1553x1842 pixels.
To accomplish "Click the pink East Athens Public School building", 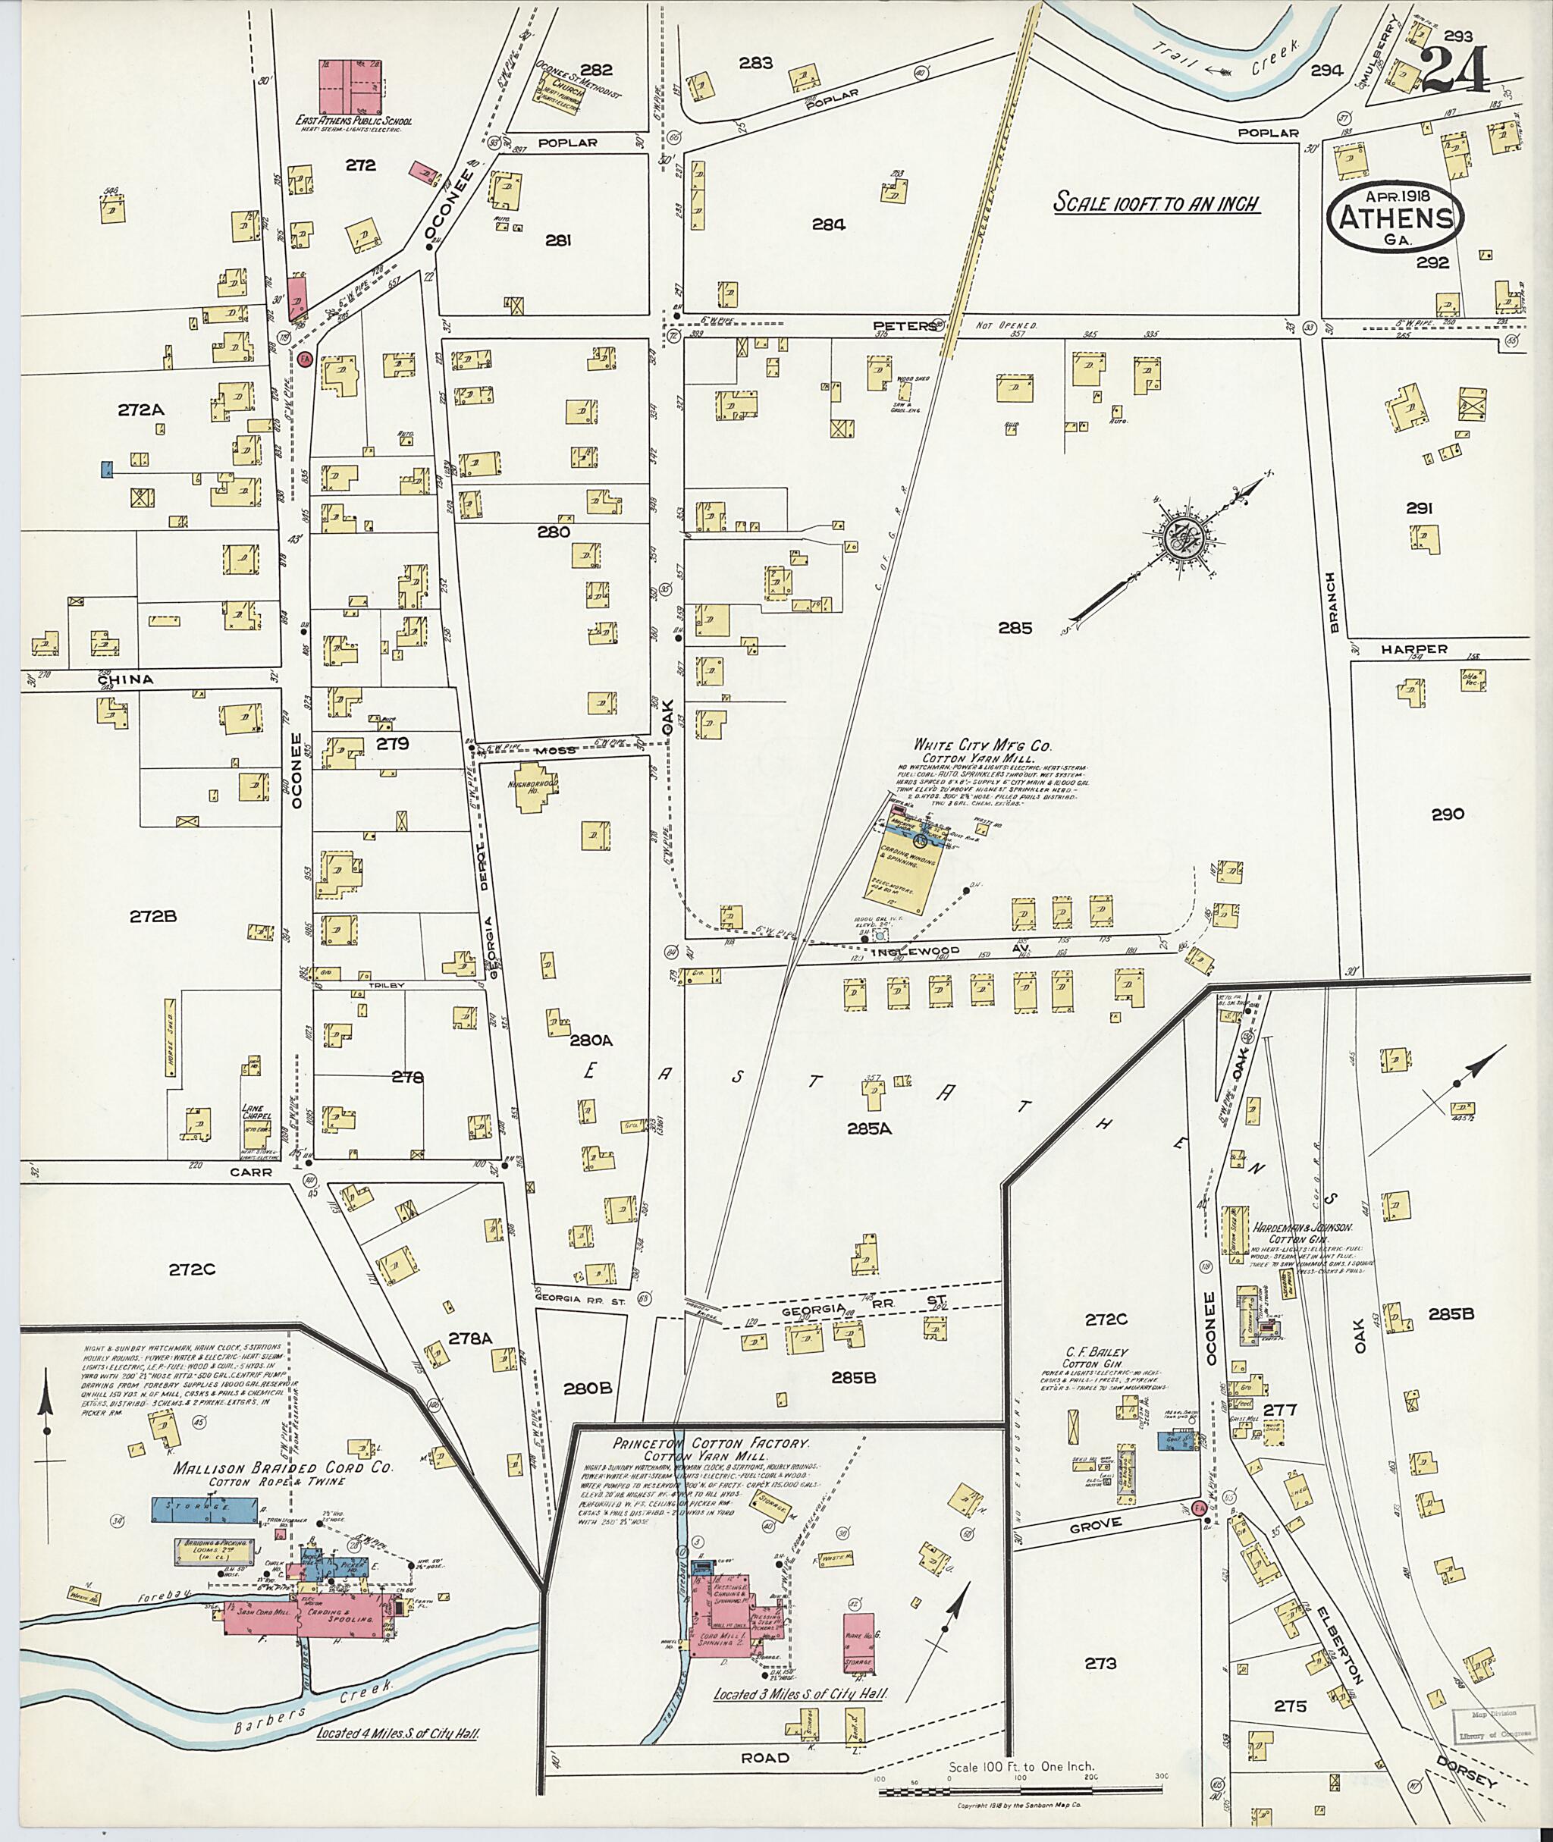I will click(351, 83).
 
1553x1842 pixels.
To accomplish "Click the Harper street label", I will click(1414, 649).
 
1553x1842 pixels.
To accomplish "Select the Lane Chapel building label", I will click(255, 1110).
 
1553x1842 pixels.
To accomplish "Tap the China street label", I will click(126, 679).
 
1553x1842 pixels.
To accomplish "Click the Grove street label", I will click(1096, 1523).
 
